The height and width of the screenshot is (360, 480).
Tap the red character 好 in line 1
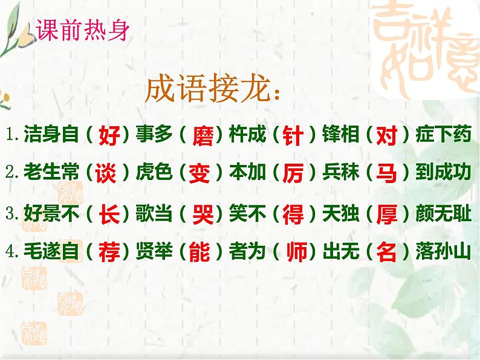click(109, 135)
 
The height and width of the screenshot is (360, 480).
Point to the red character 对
click(386, 135)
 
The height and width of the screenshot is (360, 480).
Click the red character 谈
click(109, 174)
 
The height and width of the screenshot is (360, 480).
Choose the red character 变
click(199, 174)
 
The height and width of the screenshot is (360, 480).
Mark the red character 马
click(386, 174)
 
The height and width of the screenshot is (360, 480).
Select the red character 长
click(109, 214)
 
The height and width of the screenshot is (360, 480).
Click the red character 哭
click(199, 214)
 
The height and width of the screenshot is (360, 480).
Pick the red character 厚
click(386, 214)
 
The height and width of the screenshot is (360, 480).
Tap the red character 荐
click(109, 252)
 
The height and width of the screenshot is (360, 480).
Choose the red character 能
click(199, 252)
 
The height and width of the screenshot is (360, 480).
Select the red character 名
click(386, 252)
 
